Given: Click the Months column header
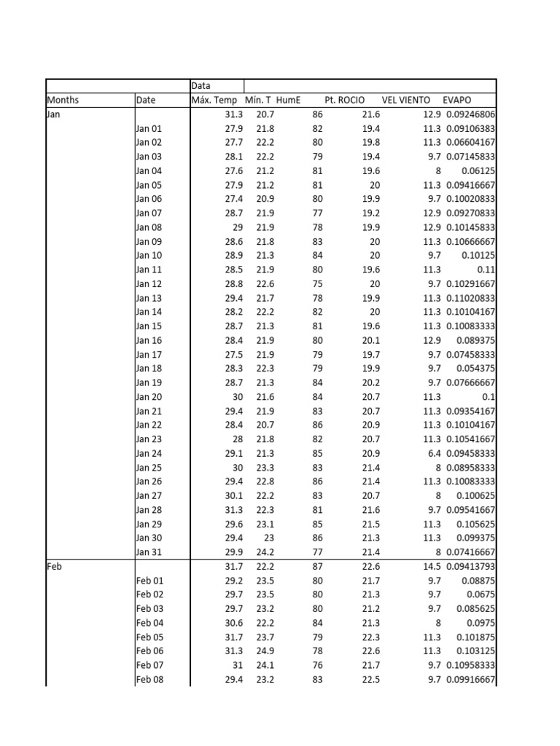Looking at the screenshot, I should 63,100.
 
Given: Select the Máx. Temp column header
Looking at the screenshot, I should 214,100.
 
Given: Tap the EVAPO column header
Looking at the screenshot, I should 457,100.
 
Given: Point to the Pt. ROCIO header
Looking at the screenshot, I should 345,100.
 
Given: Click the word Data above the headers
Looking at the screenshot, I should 201,86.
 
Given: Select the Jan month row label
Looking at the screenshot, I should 53,114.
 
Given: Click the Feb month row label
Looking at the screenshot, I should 54,566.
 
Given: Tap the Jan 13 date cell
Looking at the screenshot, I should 149,298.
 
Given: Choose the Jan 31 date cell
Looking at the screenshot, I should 149,552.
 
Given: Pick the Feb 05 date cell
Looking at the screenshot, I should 150,637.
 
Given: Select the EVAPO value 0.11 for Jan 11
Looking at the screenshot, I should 487,270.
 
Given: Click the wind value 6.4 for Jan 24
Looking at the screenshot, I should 434,453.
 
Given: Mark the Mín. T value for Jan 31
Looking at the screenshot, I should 265,552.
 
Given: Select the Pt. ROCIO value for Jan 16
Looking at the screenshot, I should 371,340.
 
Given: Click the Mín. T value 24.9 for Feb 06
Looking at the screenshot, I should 265,651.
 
